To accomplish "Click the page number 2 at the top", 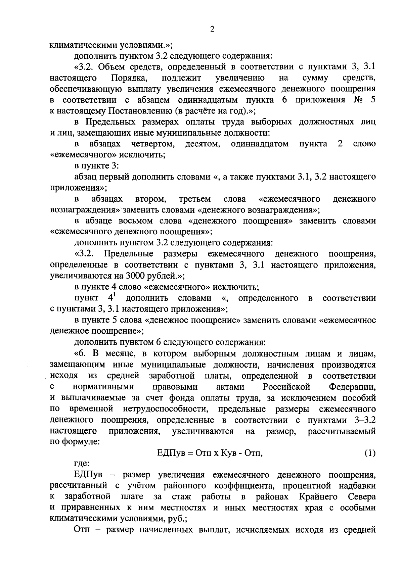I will click(x=212, y=29).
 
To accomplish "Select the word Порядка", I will click(x=129, y=78).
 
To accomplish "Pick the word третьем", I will click(x=195, y=199).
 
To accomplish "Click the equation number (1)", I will click(x=370, y=453).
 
